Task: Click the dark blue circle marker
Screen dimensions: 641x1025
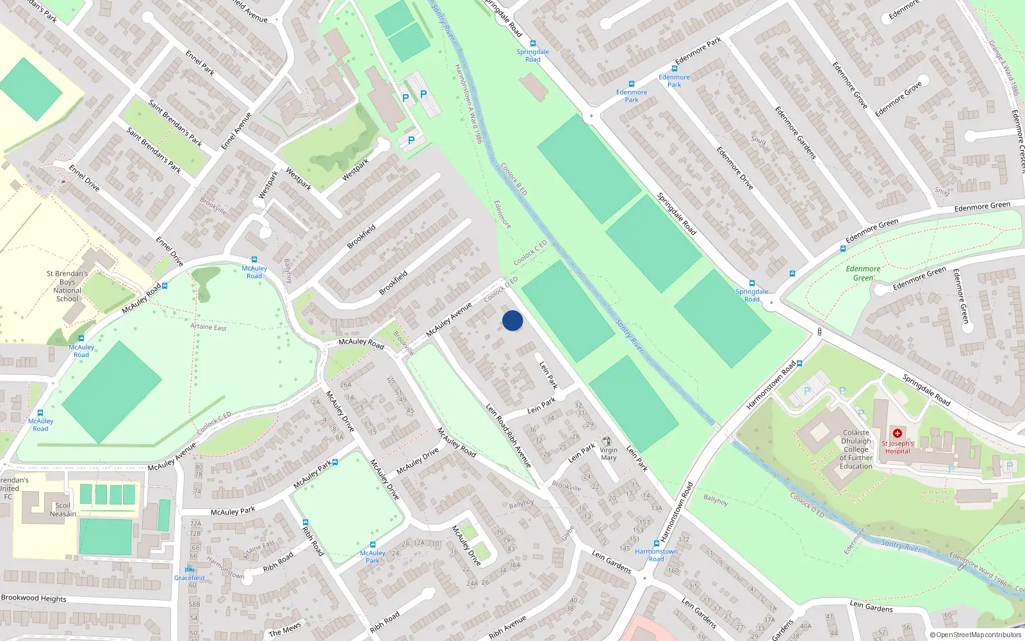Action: click(x=512, y=320)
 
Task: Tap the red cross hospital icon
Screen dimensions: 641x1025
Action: click(x=898, y=433)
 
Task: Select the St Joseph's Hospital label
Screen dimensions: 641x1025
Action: click(x=898, y=447)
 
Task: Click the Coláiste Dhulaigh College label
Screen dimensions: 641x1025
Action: click(x=857, y=449)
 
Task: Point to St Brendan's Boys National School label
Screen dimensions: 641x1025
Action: click(x=67, y=286)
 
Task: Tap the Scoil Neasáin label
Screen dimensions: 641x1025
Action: click(x=63, y=510)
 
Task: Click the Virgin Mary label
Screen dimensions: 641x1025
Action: click(x=609, y=454)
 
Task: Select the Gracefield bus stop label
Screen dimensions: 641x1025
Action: click(x=190, y=578)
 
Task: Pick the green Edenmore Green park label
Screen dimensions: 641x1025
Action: click(x=863, y=274)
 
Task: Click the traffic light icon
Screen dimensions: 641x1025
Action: click(x=819, y=332)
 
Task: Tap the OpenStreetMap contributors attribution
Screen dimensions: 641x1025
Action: click(x=976, y=635)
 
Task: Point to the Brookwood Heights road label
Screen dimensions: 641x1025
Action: click(x=34, y=598)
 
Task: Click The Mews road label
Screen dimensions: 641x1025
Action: click(x=284, y=629)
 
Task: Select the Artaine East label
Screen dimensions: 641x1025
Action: click(x=208, y=327)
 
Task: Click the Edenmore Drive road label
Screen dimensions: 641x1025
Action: click(x=735, y=168)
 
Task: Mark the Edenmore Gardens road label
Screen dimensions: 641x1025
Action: click(x=795, y=133)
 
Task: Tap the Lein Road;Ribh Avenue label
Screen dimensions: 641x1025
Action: click(x=509, y=436)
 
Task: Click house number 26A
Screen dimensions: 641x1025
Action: click(x=345, y=385)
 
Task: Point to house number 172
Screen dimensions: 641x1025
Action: click(x=684, y=539)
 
